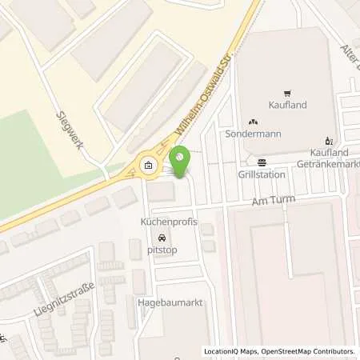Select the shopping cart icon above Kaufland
(286, 93)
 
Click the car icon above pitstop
(163, 238)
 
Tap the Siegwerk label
(73, 126)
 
